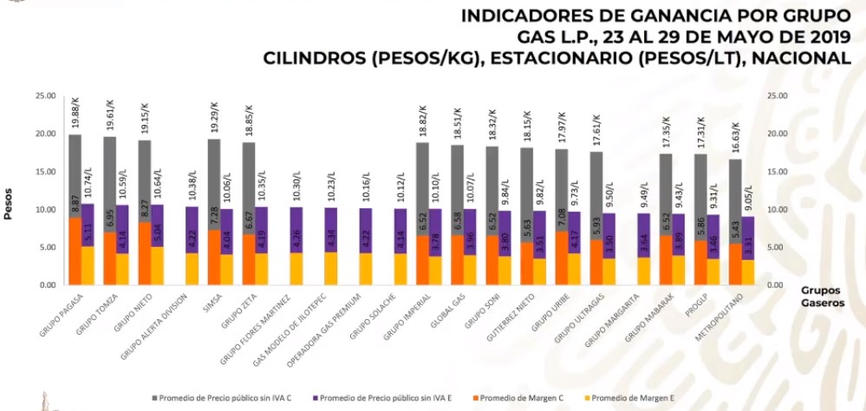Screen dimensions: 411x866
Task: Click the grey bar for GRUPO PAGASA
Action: click(75, 173)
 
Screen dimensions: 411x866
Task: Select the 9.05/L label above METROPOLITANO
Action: click(748, 198)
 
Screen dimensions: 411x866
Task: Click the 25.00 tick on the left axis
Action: click(44, 95)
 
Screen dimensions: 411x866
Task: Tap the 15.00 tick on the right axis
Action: click(778, 172)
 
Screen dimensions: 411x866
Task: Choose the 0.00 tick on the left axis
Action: click(47, 285)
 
